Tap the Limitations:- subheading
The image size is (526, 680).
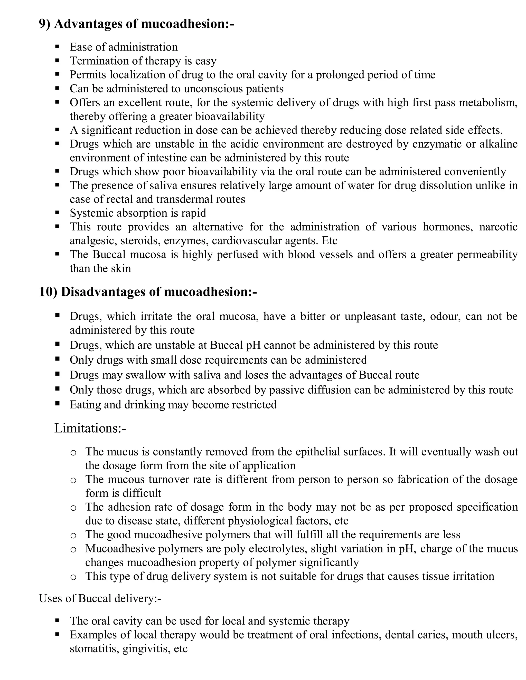click(x=90, y=428)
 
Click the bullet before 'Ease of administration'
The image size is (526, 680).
click(x=57, y=47)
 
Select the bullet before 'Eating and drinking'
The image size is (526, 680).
click(x=57, y=404)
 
